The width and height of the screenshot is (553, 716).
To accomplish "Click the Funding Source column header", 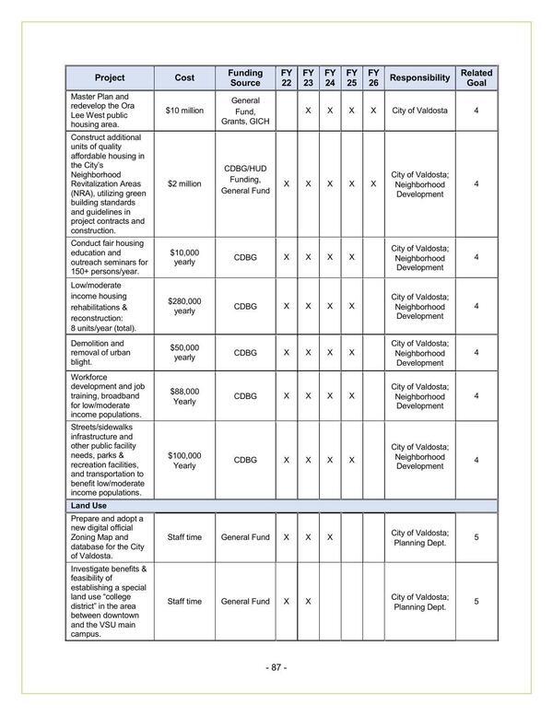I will coord(244,77).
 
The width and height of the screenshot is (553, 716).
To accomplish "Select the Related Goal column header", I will coord(476,77).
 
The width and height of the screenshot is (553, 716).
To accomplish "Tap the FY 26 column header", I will coord(372,77).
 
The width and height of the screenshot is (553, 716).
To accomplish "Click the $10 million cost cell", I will coord(184,111).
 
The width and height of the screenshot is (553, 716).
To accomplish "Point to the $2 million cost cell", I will coord(184,184).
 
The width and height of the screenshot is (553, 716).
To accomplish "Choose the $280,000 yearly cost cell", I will coord(184,306).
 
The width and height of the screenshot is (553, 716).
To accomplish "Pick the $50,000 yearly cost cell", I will coord(184,352).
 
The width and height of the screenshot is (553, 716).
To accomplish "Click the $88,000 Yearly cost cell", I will coord(184,396).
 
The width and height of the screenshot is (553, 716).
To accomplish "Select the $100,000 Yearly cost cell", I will coord(184,460).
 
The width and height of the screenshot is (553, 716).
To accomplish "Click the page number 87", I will coord(276,667).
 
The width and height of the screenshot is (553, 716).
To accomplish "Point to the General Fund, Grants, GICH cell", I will coord(244,111).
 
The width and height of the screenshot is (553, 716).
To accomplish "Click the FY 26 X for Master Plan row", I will coord(372,111).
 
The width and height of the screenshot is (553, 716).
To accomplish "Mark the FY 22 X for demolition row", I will coord(286,352).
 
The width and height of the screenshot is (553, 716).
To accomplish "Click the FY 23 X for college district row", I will coord(308,602).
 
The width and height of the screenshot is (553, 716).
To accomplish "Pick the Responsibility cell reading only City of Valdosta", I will coord(419,111).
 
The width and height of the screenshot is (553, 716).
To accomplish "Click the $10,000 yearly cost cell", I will coord(184,257).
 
